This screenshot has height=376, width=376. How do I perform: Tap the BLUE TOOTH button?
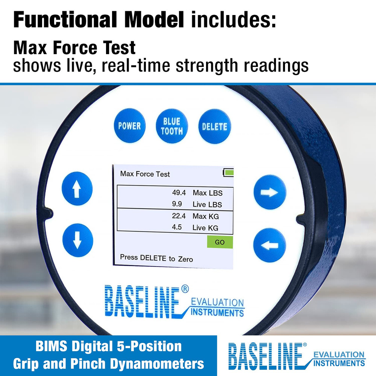[171, 126]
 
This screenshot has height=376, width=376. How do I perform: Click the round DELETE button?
[214, 127]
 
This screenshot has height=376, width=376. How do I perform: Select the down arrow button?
[77, 240]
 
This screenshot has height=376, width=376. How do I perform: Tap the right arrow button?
[270, 192]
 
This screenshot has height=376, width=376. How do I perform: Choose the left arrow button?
[270, 246]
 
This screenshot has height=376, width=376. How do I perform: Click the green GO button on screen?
[220, 242]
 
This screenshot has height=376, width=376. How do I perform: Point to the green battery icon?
[229, 173]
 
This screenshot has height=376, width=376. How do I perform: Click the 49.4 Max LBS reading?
[179, 193]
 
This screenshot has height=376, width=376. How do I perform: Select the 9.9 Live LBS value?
[177, 205]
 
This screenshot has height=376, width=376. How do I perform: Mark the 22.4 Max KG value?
[179, 216]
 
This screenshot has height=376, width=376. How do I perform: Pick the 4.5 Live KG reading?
[177, 228]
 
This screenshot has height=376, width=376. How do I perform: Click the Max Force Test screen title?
[145, 174]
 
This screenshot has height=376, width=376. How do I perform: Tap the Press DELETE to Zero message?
[156, 258]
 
